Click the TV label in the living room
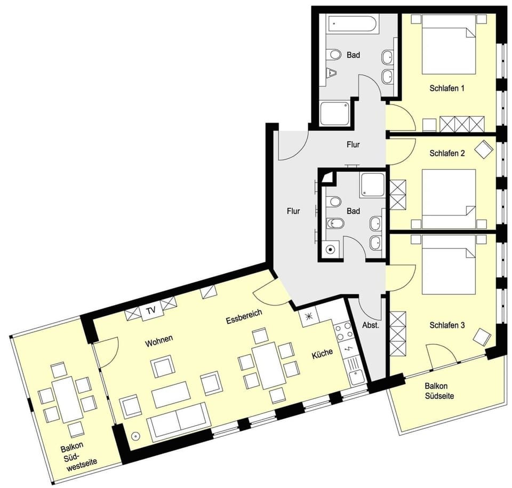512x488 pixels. coord(151,310)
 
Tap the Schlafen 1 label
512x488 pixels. coord(447,88)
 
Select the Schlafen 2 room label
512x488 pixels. coord(447,153)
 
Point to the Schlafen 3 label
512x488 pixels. coord(447,325)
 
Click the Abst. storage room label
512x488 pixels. coord(371,325)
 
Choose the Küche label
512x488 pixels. coord(322,354)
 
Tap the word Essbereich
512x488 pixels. coord(244,316)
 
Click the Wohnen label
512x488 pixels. coord(159,341)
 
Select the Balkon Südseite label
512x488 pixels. coord(439,391)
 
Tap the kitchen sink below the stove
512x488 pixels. coord(356,378)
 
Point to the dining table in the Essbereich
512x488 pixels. coord(268,365)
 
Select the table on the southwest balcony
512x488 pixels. coord(67,398)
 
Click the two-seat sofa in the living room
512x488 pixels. coord(177,421)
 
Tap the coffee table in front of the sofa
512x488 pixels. coord(171,394)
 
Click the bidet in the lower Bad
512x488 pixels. coord(334,223)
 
